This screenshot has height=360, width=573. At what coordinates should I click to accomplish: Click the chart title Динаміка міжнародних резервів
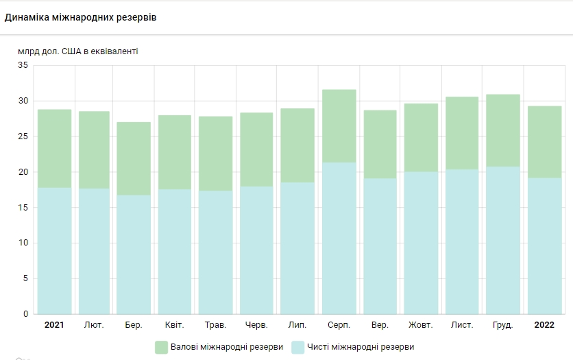point(80,17)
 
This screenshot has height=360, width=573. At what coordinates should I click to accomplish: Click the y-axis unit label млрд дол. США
point(78,51)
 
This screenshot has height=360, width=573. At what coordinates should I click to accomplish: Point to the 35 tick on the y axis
point(23,66)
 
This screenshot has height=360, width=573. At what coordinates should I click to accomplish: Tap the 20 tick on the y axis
point(23,172)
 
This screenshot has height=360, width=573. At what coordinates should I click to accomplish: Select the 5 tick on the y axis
point(25,278)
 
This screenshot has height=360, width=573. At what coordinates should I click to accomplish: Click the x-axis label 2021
point(54,324)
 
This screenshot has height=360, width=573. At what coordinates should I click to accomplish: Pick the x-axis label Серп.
point(339,324)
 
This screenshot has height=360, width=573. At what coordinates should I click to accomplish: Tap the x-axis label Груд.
point(503,324)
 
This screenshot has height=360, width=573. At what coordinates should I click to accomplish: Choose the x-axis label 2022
point(544,324)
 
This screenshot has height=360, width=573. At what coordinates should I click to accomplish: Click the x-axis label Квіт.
point(174,324)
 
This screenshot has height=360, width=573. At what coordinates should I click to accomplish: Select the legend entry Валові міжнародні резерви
point(225,347)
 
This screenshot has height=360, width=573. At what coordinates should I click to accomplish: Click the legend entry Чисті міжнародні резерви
point(361,347)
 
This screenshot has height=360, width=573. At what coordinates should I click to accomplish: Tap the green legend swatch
point(162,347)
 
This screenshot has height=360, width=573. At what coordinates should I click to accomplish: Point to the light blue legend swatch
point(297,347)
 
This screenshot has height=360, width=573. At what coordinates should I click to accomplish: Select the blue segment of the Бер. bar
point(133,254)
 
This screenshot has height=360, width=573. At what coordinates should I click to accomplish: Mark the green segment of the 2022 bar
point(544,141)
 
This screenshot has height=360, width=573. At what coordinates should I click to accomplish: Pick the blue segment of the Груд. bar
point(503,240)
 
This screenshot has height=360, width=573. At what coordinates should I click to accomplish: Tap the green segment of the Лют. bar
point(94,149)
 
